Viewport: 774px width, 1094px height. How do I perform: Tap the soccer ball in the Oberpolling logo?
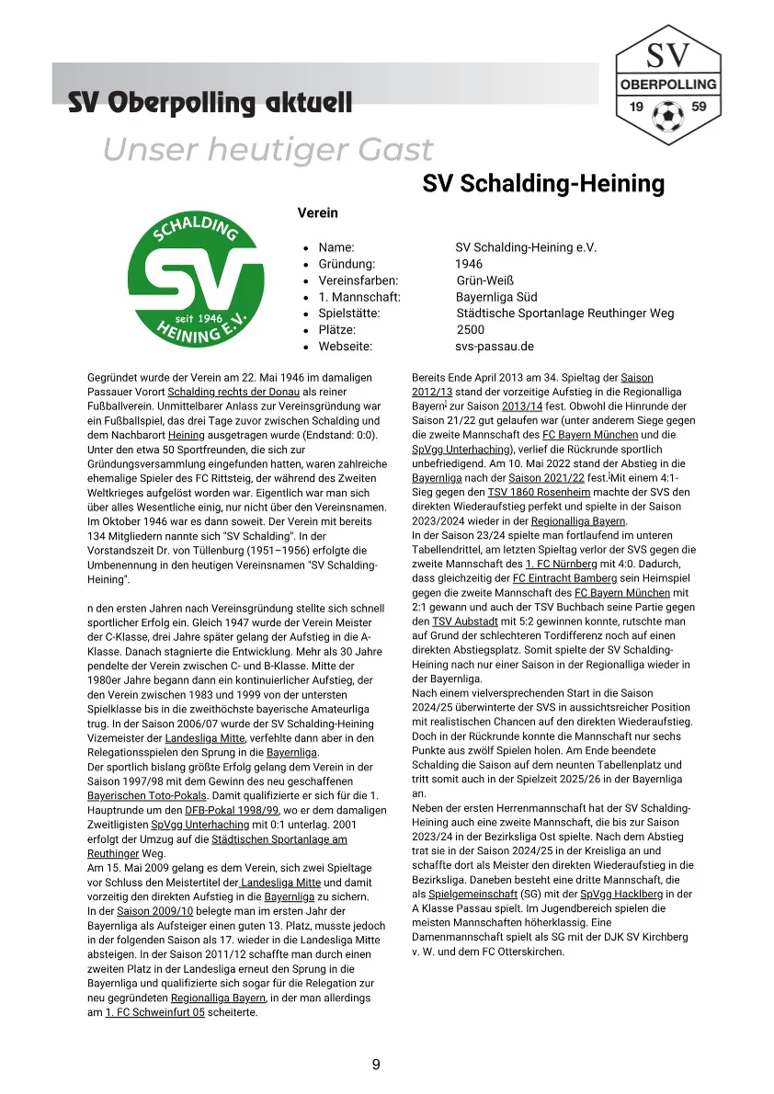point(668,116)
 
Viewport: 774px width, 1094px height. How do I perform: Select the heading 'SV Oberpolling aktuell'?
point(210,102)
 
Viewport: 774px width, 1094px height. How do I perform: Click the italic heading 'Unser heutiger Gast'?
point(267,149)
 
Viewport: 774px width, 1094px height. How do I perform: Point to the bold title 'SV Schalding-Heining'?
point(543,184)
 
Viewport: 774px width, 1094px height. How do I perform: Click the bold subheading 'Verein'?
point(317,212)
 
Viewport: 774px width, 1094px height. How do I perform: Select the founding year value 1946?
point(469,264)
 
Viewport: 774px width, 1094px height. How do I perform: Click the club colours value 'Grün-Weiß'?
point(484,280)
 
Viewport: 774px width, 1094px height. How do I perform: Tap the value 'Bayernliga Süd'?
point(496,297)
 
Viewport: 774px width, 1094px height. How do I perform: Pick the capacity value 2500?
point(470,330)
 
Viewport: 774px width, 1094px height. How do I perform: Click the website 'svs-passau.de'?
point(494,347)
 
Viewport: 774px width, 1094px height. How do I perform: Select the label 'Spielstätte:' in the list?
point(349,313)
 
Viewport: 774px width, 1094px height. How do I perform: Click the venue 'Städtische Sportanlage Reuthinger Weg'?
point(565,313)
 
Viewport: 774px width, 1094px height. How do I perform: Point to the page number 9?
point(376,1065)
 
